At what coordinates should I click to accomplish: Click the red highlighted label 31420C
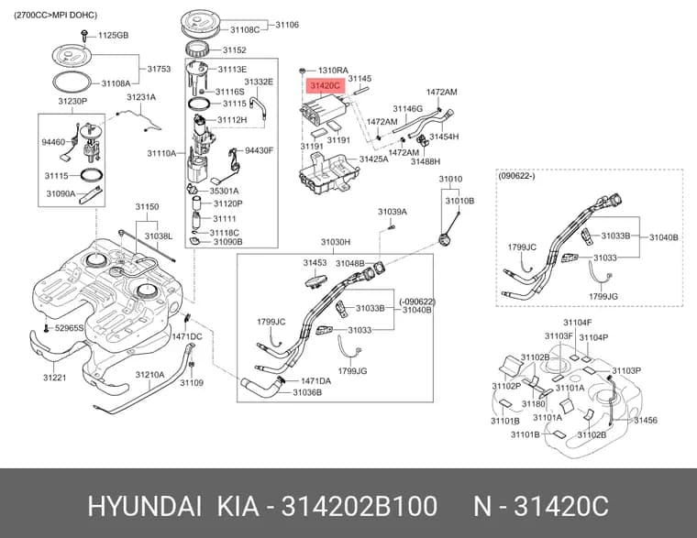[326, 84]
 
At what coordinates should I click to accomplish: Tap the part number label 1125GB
[113, 35]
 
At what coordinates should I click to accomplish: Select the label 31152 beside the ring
[234, 50]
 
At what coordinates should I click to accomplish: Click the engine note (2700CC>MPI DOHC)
[55, 15]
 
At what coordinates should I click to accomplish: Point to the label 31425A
[373, 159]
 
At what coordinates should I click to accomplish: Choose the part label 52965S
[69, 328]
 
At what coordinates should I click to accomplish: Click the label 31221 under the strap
[55, 378]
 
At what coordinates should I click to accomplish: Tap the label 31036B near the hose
[307, 392]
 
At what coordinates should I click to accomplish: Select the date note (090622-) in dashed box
[516, 176]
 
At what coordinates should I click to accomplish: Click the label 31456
[646, 421]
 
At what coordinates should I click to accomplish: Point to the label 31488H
[426, 161]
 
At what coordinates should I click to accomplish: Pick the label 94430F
[260, 150]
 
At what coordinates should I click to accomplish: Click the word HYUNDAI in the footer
[145, 507]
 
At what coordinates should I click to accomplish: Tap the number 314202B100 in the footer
[360, 507]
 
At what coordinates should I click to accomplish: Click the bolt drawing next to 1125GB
[84, 37]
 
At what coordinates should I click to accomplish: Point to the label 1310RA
[333, 71]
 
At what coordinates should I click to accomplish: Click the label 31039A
[393, 212]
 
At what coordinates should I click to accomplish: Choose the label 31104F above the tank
[578, 323]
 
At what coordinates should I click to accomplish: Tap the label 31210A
[149, 375]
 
